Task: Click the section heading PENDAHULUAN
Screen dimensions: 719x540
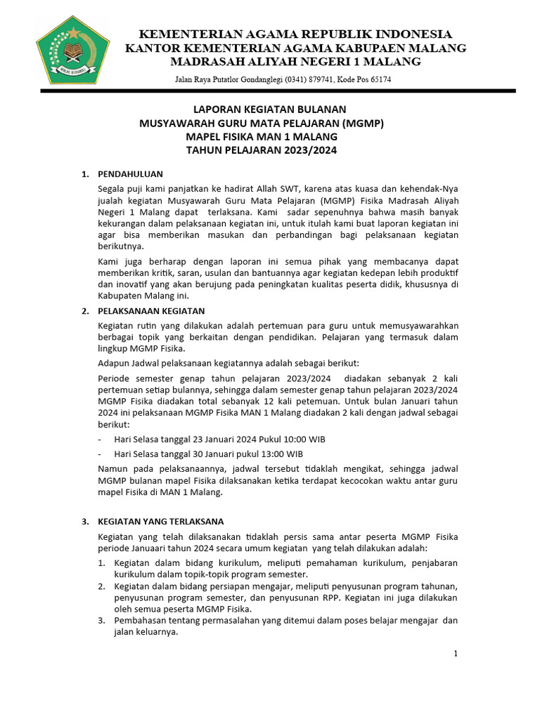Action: click(131, 174)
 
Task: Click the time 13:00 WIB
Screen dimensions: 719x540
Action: click(279, 454)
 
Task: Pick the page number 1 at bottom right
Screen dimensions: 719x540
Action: click(456, 654)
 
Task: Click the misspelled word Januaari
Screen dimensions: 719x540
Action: click(153, 548)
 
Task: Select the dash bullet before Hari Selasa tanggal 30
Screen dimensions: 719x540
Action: click(100, 454)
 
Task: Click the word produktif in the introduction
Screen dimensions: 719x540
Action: click(436, 271)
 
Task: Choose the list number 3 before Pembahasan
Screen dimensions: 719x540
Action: click(101, 621)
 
